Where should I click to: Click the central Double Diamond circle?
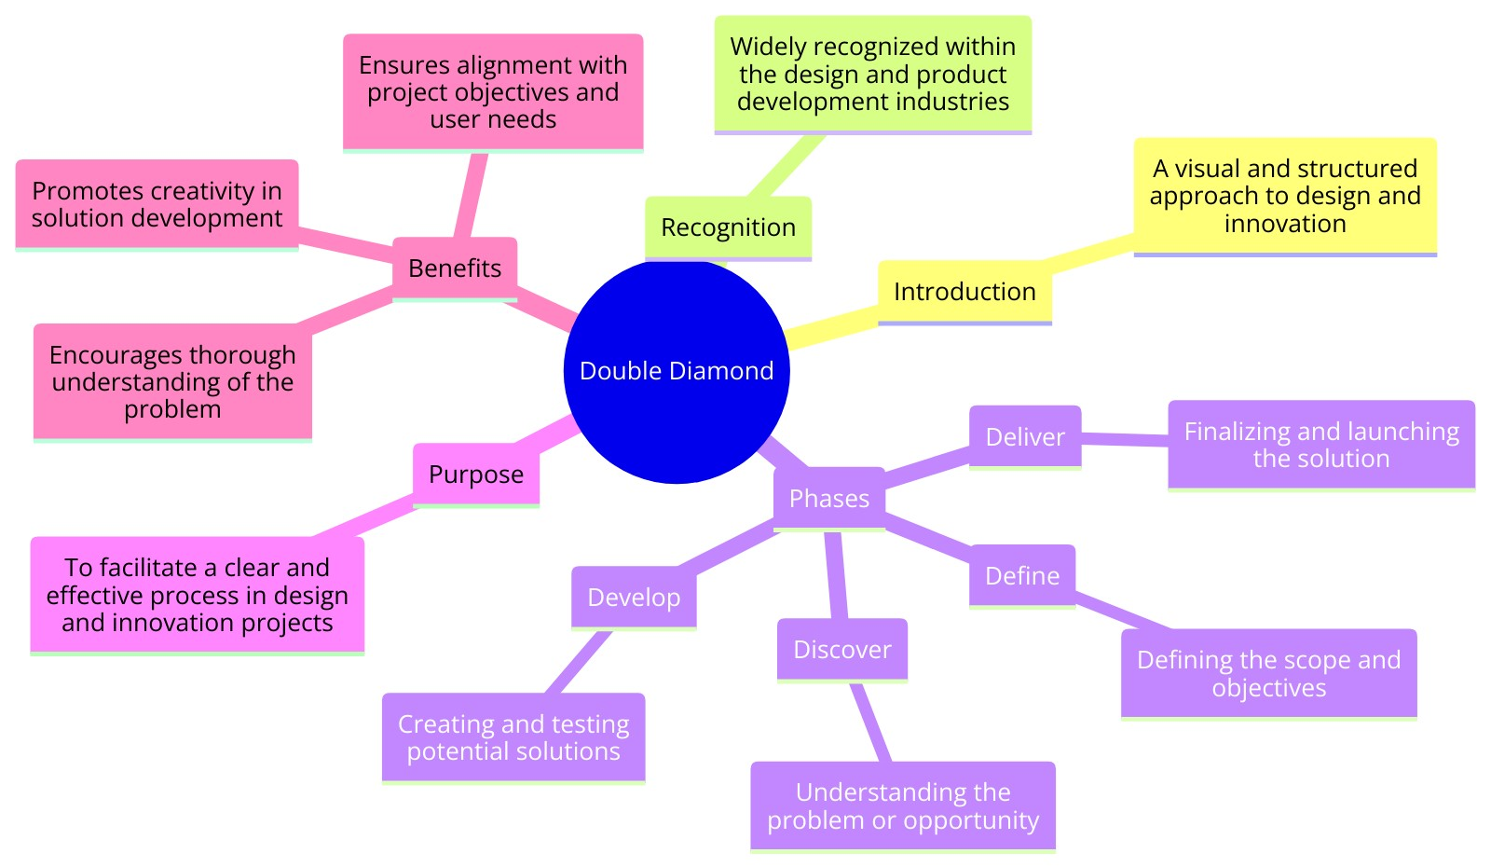(677, 371)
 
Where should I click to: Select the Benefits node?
(455, 268)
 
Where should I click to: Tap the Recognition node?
(728, 227)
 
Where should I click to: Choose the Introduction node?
(964, 292)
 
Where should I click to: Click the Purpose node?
(476, 475)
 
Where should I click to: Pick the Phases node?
(829, 499)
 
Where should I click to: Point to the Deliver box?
(1025, 437)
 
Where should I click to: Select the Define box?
(1022, 576)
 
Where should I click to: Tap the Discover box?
(842, 650)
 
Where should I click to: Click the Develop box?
(634, 598)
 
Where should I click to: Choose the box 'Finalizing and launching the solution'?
(1320, 445)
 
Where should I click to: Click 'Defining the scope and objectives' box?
(1268, 674)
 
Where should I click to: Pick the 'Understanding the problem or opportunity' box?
(903, 806)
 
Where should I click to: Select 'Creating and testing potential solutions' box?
(513, 737)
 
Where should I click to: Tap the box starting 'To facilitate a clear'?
(198, 595)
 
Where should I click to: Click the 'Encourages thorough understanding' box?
(172, 382)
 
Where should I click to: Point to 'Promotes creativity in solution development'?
(157, 204)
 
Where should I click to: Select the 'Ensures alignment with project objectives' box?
(493, 92)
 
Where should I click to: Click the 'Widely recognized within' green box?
(873, 75)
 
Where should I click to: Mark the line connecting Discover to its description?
(871, 722)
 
